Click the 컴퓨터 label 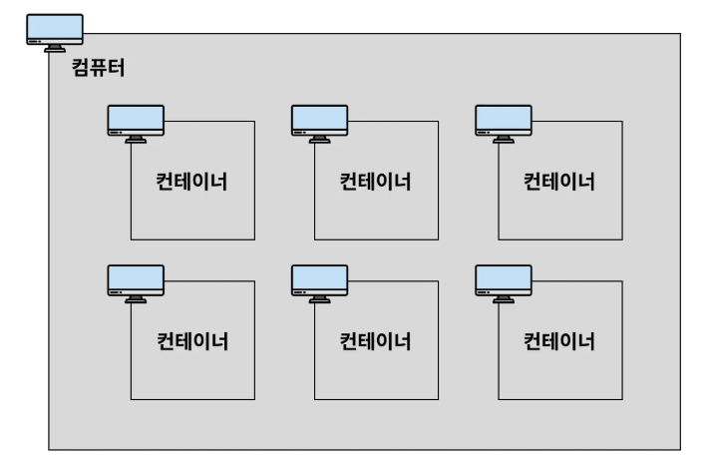99,70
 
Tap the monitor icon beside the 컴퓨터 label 55,32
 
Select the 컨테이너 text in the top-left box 192,182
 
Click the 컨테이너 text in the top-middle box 376,182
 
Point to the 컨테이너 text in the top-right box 559,182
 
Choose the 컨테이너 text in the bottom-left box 192,341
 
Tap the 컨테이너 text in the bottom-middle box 376,341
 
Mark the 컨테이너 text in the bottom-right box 559,341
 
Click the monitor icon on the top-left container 136,123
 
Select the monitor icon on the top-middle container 319,123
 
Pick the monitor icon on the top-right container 503,123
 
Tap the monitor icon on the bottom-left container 136,282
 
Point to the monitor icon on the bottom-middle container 319,282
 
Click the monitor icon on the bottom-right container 503,282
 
